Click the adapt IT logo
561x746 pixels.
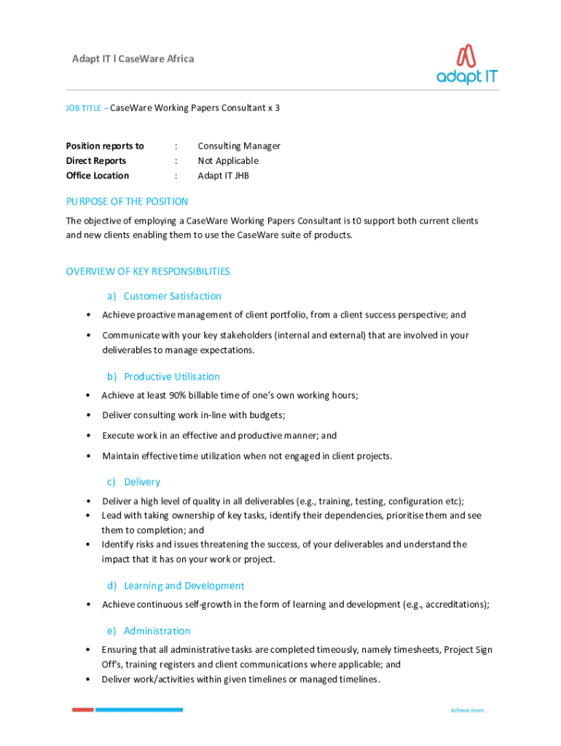click(467, 65)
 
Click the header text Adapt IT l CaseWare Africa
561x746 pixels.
click(133, 58)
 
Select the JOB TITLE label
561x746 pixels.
click(85, 108)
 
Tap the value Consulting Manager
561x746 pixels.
click(239, 146)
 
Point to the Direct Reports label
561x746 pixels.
click(96, 160)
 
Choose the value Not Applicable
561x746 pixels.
click(228, 160)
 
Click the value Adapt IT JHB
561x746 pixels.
click(224, 176)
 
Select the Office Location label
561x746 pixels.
click(98, 176)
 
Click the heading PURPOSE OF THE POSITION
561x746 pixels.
click(127, 202)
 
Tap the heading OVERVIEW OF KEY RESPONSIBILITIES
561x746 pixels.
click(148, 272)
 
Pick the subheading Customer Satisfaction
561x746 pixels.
click(173, 296)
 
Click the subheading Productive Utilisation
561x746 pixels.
click(172, 377)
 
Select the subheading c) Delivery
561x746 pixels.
click(133, 482)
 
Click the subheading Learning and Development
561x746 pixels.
click(184, 586)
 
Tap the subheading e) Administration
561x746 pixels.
click(149, 631)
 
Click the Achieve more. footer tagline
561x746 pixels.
click(468, 710)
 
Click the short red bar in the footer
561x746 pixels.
click(82, 710)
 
